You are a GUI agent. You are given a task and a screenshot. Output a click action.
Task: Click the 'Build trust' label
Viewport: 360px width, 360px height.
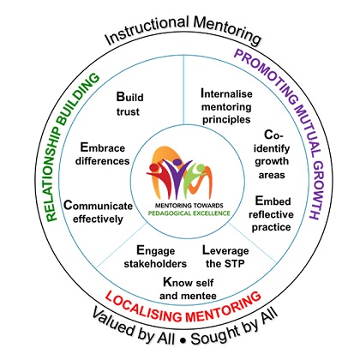click(129, 104)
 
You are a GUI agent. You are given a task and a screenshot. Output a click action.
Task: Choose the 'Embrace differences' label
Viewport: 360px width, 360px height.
click(102, 154)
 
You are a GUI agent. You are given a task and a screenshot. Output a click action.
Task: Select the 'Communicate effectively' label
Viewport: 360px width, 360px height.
click(98, 212)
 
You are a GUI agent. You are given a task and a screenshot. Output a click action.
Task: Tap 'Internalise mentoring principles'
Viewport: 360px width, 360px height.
click(226, 106)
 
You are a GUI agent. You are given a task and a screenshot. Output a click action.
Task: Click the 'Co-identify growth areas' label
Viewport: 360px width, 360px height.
click(272, 154)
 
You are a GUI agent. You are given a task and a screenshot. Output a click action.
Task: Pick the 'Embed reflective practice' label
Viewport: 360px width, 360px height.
click(271, 213)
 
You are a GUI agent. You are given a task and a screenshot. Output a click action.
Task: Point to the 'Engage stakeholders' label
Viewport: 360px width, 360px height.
click(155, 257)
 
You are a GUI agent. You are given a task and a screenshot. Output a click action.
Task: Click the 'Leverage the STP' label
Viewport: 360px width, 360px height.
click(225, 257)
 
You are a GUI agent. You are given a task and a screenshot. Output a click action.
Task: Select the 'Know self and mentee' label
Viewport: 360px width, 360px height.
click(188, 289)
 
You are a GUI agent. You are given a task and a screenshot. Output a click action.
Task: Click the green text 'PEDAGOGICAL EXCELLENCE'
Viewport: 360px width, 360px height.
click(189, 213)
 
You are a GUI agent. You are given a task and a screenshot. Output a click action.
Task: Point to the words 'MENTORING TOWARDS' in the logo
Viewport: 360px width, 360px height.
click(189, 206)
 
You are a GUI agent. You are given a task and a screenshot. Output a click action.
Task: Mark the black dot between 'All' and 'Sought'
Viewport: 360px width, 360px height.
click(183, 341)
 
